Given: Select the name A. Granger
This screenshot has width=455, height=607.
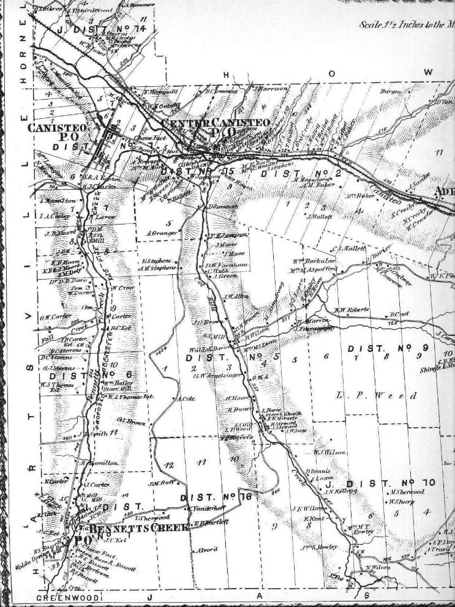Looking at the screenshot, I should click(x=162, y=233).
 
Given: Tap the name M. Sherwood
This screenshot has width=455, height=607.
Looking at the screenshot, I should click(x=407, y=491).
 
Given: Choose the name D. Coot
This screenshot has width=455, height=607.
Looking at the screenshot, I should click(x=399, y=315).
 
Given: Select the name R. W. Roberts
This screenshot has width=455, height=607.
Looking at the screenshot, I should click(x=353, y=310).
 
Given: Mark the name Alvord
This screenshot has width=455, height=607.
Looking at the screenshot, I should click(x=205, y=549).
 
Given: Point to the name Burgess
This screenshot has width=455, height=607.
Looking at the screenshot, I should click(x=391, y=92).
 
